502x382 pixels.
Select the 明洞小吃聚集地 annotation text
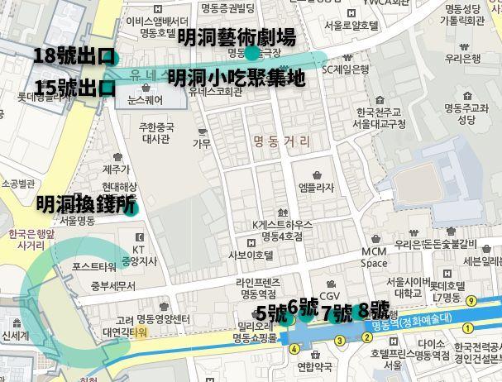(236, 79)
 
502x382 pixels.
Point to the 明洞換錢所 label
(85, 204)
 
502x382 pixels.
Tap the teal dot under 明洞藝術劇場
(251, 54)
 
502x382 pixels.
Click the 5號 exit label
(271, 313)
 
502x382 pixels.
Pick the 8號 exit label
(374, 311)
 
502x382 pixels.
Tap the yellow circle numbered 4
(294, 348)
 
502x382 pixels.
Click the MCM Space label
(374, 257)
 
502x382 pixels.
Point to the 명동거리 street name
(282, 141)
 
